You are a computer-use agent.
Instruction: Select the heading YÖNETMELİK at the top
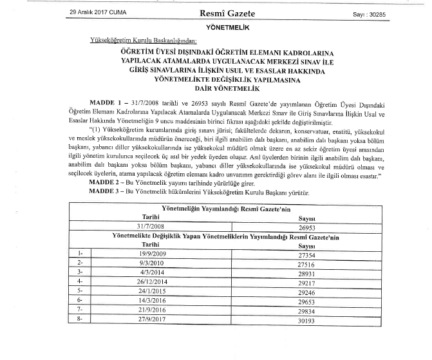click(219, 28)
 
